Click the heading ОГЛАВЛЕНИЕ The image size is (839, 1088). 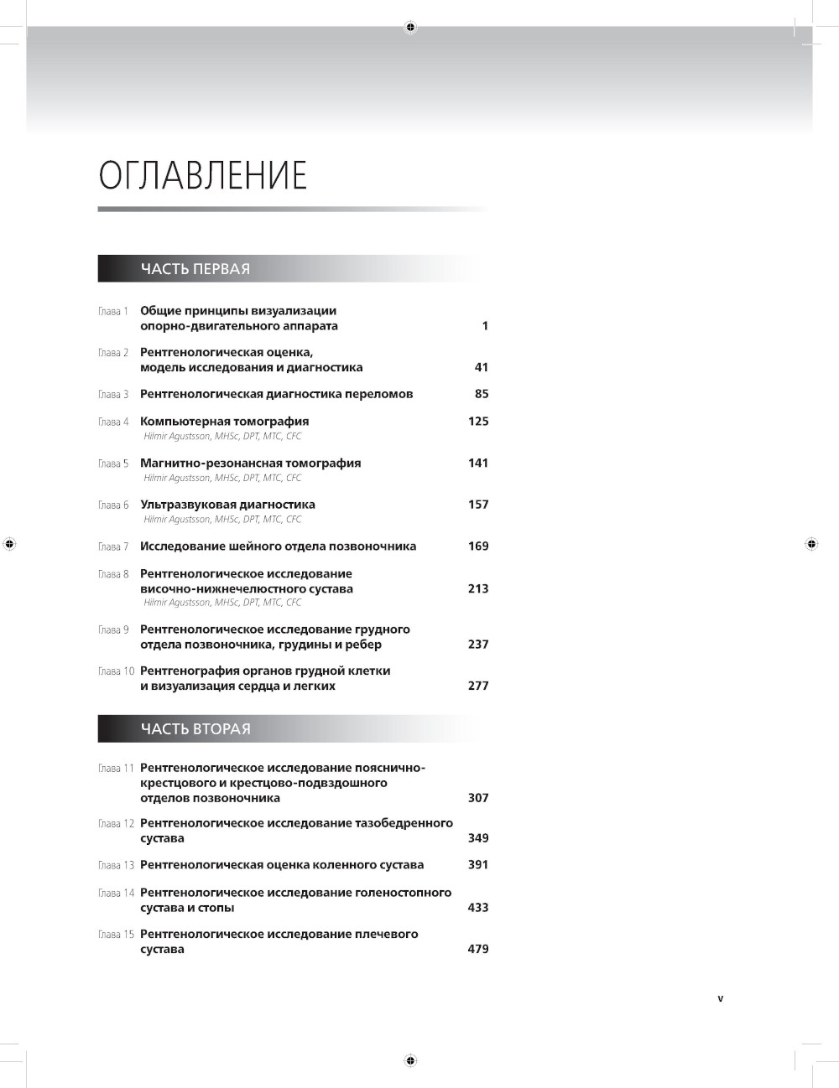click(x=203, y=176)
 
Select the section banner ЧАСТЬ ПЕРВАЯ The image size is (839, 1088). click(x=195, y=269)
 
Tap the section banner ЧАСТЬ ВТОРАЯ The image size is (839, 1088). click(x=195, y=729)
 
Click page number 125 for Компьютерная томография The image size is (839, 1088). click(x=478, y=422)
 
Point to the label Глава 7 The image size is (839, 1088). click(x=113, y=547)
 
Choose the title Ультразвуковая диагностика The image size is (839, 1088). click(x=227, y=505)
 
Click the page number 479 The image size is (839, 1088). click(x=477, y=950)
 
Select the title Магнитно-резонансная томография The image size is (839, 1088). click(x=250, y=463)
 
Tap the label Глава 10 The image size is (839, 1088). click(x=116, y=671)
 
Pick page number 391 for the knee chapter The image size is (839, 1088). click(x=477, y=865)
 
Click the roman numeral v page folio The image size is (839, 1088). click(x=721, y=998)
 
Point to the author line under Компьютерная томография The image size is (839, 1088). click(x=222, y=437)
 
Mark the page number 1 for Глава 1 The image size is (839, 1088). click(x=484, y=326)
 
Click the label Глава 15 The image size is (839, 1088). click(x=116, y=935)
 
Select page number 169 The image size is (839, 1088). click(x=478, y=547)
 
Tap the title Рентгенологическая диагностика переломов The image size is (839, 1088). click(x=276, y=394)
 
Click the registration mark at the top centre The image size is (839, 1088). click(x=410, y=27)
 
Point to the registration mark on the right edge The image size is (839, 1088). click(x=811, y=544)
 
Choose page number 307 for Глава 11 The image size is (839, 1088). click(x=478, y=798)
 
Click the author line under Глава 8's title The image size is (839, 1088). click(x=222, y=603)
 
